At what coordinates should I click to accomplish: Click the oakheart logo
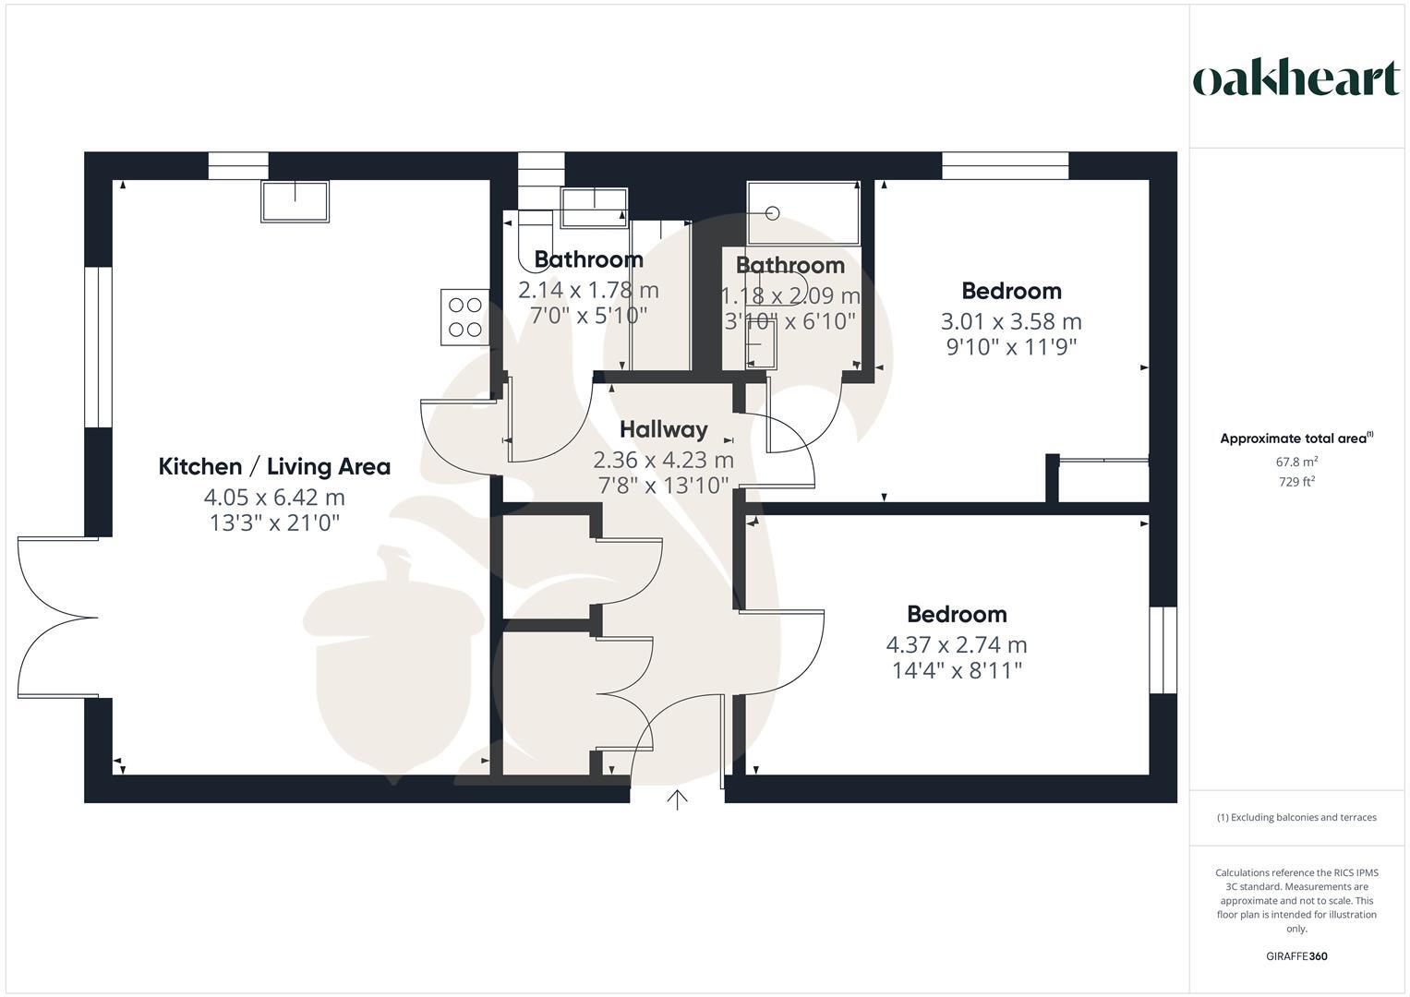[1296, 79]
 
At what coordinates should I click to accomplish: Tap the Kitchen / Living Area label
[274, 466]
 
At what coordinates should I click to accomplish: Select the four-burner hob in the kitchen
[464, 317]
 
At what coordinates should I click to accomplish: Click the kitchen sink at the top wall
[295, 201]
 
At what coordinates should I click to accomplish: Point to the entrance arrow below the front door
[678, 799]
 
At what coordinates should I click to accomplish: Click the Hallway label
[663, 429]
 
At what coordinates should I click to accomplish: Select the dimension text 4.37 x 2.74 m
[956, 644]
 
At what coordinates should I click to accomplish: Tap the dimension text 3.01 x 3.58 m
[1010, 321]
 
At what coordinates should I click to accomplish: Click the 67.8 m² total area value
[1296, 462]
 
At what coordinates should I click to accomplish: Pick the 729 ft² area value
[1296, 482]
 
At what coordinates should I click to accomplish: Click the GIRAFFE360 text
[1296, 956]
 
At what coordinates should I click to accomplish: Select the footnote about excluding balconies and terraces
[1296, 817]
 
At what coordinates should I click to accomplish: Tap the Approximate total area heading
[1296, 438]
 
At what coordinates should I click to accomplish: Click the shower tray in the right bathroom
[802, 212]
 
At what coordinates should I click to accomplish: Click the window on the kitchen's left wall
[98, 347]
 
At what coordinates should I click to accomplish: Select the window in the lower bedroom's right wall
[1163, 650]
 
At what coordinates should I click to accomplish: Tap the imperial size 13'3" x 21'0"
[274, 523]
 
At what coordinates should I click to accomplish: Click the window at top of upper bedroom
[1005, 166]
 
